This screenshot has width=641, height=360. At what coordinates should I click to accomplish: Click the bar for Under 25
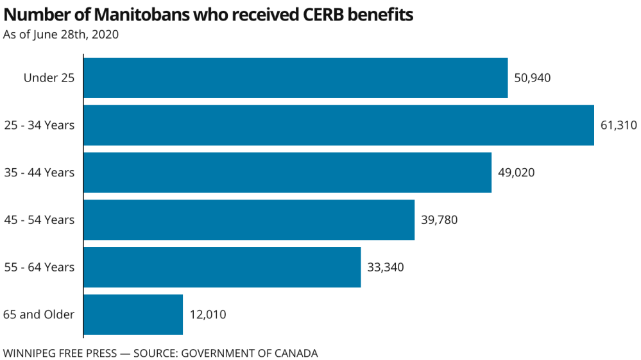point(295,78)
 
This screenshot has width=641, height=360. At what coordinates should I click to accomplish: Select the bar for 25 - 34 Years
point(338,125)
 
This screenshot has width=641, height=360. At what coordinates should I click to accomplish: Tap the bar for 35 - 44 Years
point(287,173)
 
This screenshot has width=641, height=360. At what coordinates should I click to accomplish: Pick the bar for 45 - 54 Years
point(248,220)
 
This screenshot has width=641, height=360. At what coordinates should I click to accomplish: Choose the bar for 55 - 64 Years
point(221,267)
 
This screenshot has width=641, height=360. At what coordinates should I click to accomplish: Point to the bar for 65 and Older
point(133,314)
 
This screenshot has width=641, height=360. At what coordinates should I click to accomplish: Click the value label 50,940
point(533,78)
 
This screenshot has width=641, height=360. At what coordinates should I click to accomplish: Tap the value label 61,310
point(619,125)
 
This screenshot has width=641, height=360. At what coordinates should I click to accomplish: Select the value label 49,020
point(516,173)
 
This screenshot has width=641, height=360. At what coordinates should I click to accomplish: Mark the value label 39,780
point(439,220)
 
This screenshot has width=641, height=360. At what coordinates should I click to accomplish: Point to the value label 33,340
point(386,267)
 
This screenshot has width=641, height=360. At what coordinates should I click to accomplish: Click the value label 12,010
point(208,314)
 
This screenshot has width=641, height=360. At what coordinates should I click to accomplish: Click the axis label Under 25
point(49,78)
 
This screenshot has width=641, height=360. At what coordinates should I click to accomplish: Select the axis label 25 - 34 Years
point(39,125)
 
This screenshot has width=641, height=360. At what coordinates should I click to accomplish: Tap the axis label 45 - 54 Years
point(39,220)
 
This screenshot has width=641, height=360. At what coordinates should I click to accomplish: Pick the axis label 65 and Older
point(39,314)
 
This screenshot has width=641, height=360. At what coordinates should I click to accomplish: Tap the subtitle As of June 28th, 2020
point(61,34)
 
